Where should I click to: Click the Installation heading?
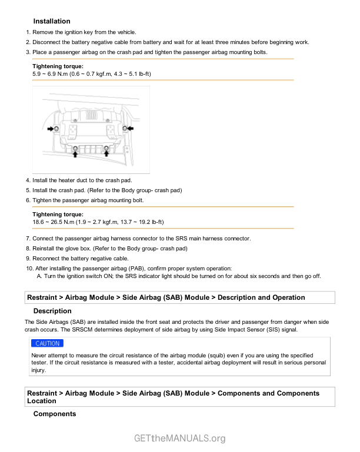pyautogui.click(x=52, y=21)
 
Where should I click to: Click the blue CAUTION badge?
pyautogui.click(x=47, y=343)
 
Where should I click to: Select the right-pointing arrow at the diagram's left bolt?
pyautogui.click(x=51, y=129)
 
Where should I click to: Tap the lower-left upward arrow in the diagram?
pyautogui.click(x=75, y=154)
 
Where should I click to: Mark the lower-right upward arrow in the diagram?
pyautogui.click(x=106, y=153)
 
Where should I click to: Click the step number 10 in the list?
pyautogui.click(x=28, y=268)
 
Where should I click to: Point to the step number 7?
pyautogui.click(x=28, y=238)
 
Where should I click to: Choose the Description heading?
pyautogui.click(x=52, y=311)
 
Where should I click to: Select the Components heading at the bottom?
pyautogui.click(x=55, y=414)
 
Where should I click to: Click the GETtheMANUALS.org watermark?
pyautogui.click(x=180, y=438)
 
